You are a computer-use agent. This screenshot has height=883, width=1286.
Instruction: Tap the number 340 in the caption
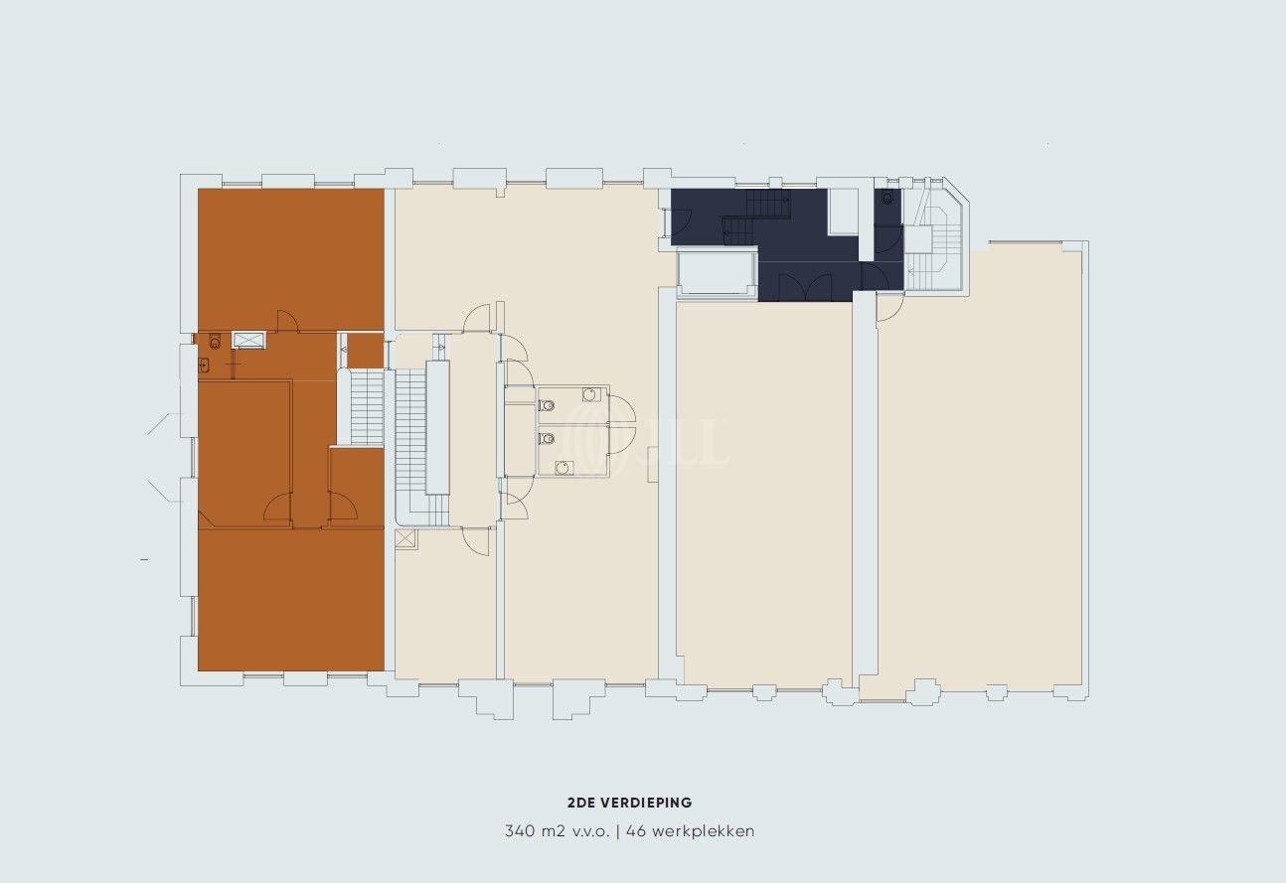point(519,830)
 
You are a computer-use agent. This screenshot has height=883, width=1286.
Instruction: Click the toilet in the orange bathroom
point(215,342)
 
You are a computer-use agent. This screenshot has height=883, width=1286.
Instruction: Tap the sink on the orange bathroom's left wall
point(204,365)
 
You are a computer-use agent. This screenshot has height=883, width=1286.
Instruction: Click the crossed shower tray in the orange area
point(249,341)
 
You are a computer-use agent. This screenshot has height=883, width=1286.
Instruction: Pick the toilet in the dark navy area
point(887,198)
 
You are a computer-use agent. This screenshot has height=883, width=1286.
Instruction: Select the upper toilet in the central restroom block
point(547,405)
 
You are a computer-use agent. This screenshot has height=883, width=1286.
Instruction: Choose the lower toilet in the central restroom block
point(547,439)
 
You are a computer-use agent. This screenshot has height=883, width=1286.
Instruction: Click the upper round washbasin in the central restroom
point(590,394)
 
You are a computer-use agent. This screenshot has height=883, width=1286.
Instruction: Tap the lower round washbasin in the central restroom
point(563,468)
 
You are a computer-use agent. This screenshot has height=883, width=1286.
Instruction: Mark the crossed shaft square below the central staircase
point(404,538)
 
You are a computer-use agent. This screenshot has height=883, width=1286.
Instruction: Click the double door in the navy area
point(805,286)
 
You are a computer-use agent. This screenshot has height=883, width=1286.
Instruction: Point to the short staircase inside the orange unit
point(367,407)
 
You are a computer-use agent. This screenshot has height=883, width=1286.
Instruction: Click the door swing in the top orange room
point(287,320)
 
